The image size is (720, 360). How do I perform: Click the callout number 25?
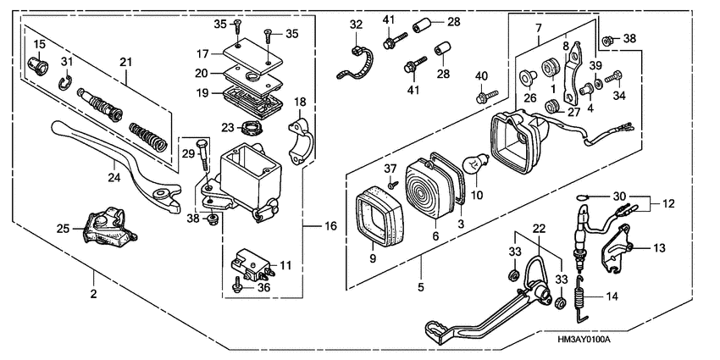pyautogui.click(x=62, y=230)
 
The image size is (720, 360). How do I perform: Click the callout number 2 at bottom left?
pyautogui.click(x=93, y=295)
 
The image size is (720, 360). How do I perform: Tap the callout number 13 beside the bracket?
pyautogui.click(x=660, y=248)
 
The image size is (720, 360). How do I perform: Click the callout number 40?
pyautogui.click(x=480, y=77)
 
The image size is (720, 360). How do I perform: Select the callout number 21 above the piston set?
pyautogui.click(x=125, y=61)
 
